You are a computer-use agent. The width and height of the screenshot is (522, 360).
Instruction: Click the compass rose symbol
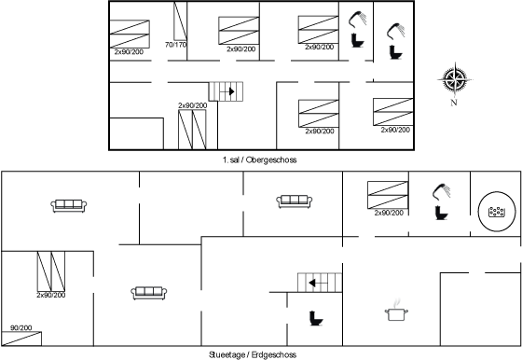455,80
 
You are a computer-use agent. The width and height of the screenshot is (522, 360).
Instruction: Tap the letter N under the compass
454,103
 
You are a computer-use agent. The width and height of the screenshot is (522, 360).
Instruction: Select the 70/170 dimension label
175,45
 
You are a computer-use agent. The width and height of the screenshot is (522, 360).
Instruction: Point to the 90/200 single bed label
21,327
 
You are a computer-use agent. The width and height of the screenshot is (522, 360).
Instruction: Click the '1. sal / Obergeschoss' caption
259,159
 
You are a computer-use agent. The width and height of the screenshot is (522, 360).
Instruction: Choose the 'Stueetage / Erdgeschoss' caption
253,354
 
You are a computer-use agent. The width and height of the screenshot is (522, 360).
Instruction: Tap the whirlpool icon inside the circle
496,212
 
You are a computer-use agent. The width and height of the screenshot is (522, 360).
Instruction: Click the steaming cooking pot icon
396,311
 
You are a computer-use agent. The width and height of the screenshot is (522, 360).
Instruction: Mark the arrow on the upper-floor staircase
229,91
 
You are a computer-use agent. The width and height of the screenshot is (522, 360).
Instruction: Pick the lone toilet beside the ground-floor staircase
316,318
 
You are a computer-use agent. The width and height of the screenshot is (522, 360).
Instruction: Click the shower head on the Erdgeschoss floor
442,191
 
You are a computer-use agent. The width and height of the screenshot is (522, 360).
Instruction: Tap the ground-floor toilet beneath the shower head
442,213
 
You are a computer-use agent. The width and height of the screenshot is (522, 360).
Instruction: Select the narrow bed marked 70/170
180,21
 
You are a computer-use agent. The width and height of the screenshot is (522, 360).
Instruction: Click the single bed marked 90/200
21,339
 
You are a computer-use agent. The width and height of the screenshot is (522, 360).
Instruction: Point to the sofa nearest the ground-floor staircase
149,293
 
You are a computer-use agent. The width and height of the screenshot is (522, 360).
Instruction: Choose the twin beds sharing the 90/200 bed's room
51,271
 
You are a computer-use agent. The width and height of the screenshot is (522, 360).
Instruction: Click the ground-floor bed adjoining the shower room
388,195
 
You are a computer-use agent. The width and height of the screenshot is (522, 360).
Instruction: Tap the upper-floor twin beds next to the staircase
192,130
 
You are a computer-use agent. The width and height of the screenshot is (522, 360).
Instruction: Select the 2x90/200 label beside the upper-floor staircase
192,105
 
